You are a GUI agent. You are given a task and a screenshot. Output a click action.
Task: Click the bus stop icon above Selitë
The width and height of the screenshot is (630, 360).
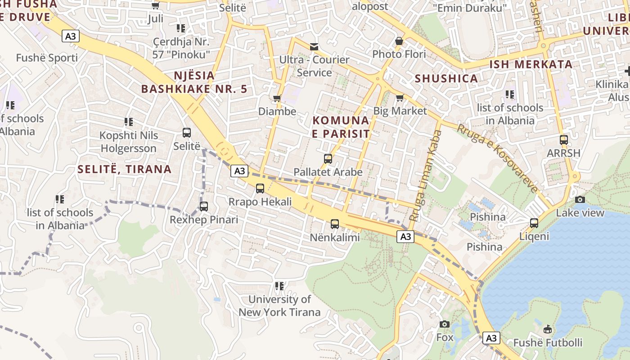[x=187, y=133]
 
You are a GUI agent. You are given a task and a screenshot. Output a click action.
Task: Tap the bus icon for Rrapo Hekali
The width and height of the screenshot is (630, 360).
[x=260, y=189]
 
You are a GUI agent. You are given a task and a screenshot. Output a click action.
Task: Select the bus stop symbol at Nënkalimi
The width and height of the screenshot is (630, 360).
[x=335, y=224]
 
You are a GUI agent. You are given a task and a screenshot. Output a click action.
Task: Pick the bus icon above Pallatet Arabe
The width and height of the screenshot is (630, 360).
[x=328, y=158]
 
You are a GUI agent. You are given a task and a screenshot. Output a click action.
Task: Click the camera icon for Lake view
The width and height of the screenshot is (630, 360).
[x=580, y=199]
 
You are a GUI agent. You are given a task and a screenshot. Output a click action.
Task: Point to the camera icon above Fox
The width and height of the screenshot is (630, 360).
[x=445, y=324]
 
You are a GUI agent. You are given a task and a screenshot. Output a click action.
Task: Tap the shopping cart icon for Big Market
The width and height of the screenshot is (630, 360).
[x=400, y=98]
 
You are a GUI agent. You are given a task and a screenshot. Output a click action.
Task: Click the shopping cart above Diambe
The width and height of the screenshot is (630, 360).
[x=277, y=98]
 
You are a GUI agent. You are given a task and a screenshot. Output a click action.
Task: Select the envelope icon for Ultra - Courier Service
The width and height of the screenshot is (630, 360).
[x=314, y=46]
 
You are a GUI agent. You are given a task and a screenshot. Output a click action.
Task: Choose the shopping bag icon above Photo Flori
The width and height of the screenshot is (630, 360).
[x=399, y=41]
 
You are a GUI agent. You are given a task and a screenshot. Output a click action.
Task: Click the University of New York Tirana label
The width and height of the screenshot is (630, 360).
[x=279, y=306]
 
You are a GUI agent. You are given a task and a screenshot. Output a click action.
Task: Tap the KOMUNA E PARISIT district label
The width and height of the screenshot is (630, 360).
[x=341, y=127]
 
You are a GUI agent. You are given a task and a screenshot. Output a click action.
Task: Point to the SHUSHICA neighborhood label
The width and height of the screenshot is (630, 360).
[x=446, y=78]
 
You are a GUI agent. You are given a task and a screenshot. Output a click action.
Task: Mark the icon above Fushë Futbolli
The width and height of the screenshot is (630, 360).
[x=548, y=329]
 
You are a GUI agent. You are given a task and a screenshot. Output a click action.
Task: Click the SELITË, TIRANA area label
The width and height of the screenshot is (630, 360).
[x=125, y=169]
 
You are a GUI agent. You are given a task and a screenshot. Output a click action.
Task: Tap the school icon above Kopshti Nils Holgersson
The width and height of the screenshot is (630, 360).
[x=129, y=121]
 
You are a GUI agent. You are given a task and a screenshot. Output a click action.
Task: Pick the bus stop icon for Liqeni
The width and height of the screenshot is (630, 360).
[x=534, y=223]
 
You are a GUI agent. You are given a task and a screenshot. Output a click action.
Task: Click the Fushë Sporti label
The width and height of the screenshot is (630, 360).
[x=47, y=58]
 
